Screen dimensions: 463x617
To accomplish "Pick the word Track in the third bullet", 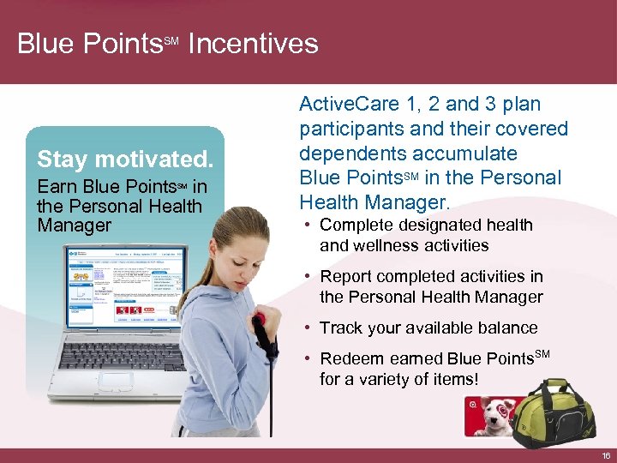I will pos(341,328).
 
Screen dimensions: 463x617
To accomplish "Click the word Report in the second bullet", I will pos(347,276).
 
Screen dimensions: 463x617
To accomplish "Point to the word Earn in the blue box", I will pos(56,187).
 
